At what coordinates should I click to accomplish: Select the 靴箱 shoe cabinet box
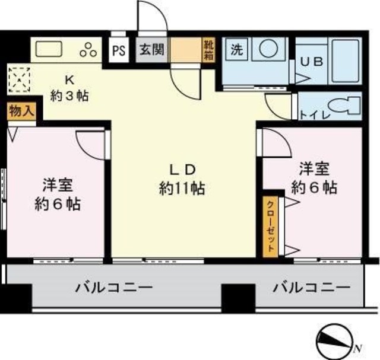pyautogui.click(x=210, y=48)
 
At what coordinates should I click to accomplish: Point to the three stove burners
pyautogui.click(x=89, y=49)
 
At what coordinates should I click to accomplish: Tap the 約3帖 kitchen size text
pyautogui.click(x=69, y=95)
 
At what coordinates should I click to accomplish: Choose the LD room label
pyautogui.click(x=182, y=168)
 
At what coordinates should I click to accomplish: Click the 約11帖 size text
pyautogui.click(x=182, y=188)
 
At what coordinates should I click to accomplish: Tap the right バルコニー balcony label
pyautogui.click(x=311, y=288)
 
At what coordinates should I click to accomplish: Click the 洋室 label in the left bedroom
pyautogui.click(x=57, y=184)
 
